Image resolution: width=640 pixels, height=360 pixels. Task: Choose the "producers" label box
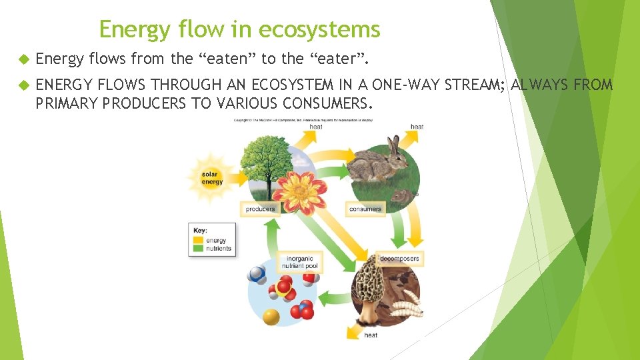pyautogui.click(x=260, y=209)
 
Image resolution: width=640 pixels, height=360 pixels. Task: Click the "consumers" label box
pyautogui.click(x=365, y=209)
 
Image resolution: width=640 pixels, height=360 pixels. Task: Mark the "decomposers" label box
pyautogui.click(x=401, y=259)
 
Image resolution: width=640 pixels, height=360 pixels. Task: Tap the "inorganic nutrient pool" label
pyautogui.click(x=302, y=262)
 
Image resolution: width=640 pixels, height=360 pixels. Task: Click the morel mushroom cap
pyautogui.click(x=368, y=281)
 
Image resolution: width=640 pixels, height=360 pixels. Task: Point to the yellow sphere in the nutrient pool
pyautogui.click(x=271, y=316)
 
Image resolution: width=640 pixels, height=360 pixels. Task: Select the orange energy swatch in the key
pyautogui.click(x=199, y=241)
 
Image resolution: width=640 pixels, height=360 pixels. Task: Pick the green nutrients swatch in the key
pyautogui.click(x=199, y=249)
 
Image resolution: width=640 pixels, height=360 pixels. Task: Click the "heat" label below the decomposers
pyautogui.click(x=371, y=335)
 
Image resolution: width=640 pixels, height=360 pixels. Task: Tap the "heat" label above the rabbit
pyautogui.click(x=417, y=127)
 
